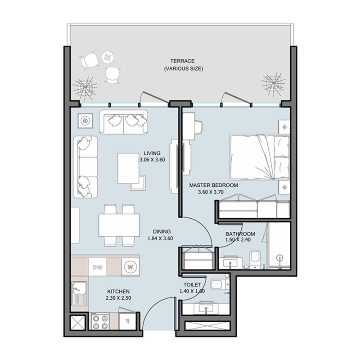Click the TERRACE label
(182, 61)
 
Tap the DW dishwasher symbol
(97, 268)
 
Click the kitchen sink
(80, 292)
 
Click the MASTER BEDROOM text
(213, 185)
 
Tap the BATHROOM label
(240, 234)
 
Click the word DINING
(161, 231)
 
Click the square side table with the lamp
(85, 121)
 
